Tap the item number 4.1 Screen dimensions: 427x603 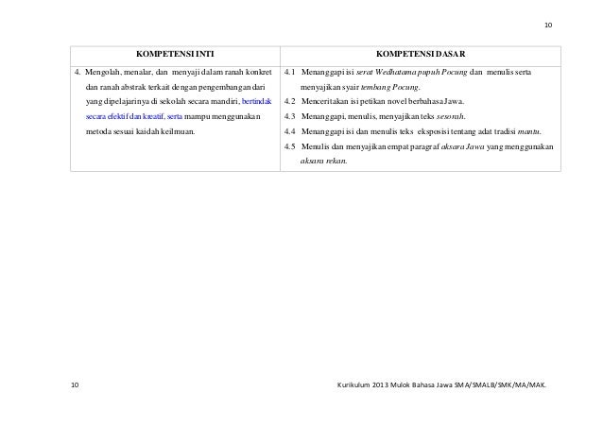pos(290,72)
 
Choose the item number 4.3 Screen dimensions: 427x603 pos(290,115)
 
